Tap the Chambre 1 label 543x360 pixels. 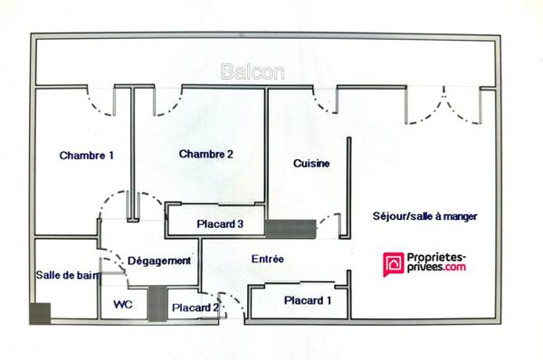[x=87, y=156]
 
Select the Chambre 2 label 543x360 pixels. [x=206, y=155]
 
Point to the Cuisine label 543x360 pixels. [x=310, y=164]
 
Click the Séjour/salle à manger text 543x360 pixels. [x=424, y=217]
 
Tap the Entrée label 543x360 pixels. [x=267, y=260]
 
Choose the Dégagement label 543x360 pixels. [x=159, y=261]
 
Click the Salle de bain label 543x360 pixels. [x=66, y=275]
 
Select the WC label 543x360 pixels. [x=123, y=305]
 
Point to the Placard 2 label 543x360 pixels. [x=195, y=308]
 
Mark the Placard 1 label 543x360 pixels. [x=308, y=300]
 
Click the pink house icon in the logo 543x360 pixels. [x=395, y=262]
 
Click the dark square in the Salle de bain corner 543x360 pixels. [x=41, y=313]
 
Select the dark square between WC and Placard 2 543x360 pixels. [x=158, y=301]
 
